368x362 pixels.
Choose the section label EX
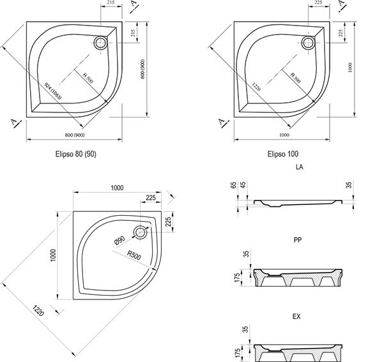coord(296,316)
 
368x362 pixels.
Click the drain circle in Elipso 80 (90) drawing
coord(102,43)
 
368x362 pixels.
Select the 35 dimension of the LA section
coord(349,187)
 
